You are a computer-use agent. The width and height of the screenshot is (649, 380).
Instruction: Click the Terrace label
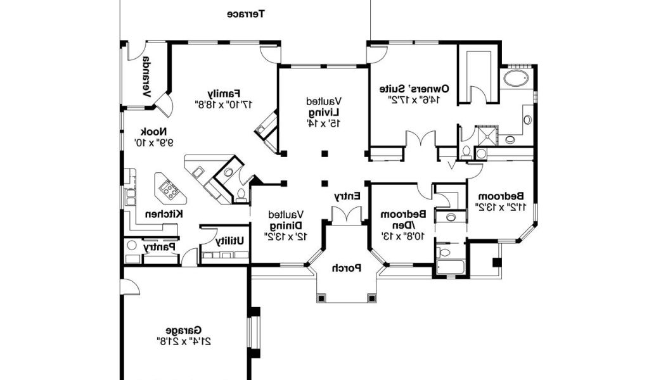coord(246,14)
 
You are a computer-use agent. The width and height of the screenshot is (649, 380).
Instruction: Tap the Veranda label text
coord(146,77)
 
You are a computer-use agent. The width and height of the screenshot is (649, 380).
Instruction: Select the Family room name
coord(224,93)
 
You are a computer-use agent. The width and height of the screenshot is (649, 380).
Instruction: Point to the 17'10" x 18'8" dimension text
coord(224,104)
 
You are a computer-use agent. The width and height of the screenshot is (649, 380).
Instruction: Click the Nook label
coord(154,132)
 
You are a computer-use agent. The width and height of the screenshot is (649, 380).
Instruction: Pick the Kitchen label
coord(164,214)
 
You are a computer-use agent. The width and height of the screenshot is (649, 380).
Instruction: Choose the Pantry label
coord(160,247)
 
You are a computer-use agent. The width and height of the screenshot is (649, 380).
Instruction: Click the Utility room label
coord(229,241)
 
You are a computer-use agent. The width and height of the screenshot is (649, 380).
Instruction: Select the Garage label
coord(184,331)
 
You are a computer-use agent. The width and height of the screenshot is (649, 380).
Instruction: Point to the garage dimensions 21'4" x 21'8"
coord(184,341)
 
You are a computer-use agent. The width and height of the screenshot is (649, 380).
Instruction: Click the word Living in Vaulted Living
coord(324,112)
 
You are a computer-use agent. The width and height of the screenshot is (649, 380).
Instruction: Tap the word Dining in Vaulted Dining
coord(286,225)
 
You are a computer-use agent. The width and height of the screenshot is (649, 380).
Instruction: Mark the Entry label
coord(347,196)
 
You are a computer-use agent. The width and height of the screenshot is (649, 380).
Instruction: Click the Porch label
coord(347,268)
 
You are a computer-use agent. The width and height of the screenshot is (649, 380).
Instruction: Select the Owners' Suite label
coord(414,89)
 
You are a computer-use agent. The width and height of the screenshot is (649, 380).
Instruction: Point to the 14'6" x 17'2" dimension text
coord(414,99)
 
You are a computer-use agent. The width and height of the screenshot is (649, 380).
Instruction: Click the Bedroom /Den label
coord(403,220)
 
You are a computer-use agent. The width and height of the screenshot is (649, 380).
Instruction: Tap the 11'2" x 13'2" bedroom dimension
coord(501,206)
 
